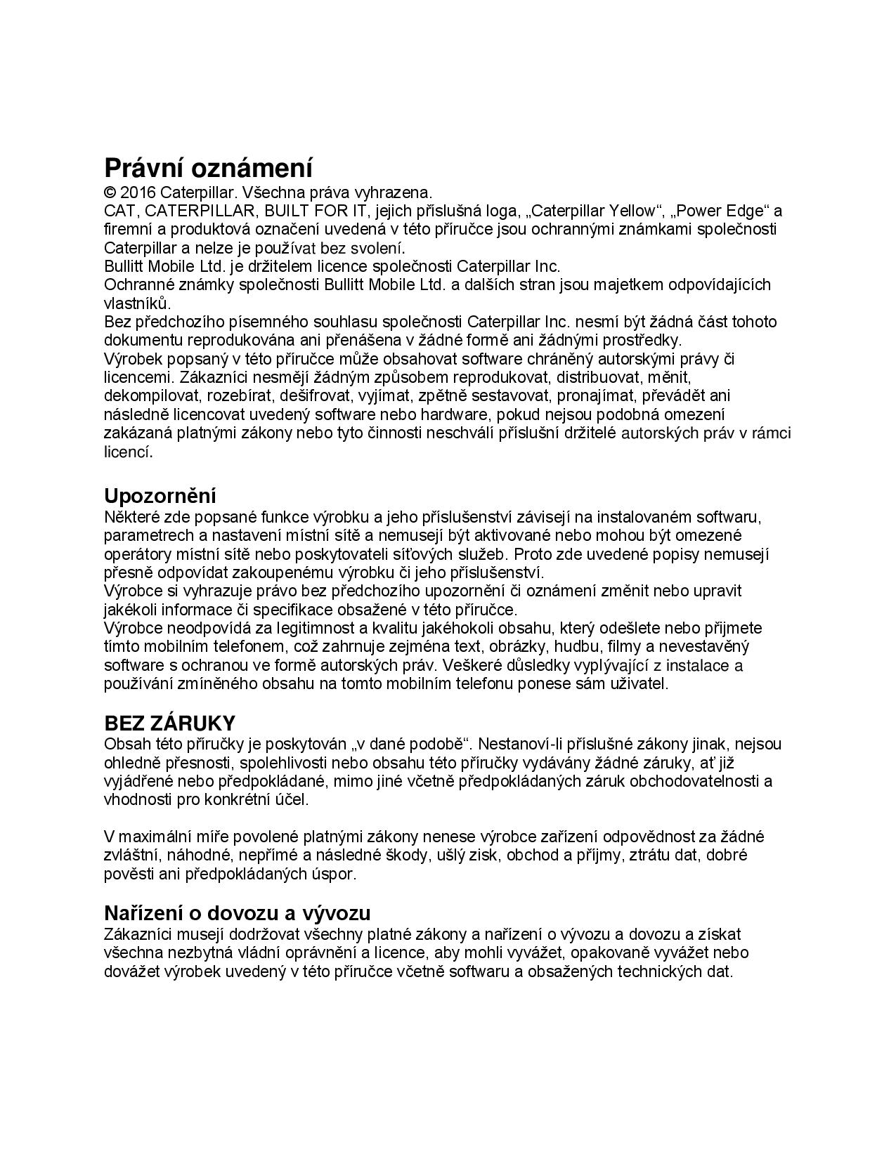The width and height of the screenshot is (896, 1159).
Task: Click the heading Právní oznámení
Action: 208,169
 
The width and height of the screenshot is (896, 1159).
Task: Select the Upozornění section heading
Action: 160,496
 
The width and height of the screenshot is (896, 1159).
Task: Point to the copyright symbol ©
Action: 110,192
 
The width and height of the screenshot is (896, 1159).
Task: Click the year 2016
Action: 138,192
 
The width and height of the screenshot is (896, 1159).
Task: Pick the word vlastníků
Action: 137,303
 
